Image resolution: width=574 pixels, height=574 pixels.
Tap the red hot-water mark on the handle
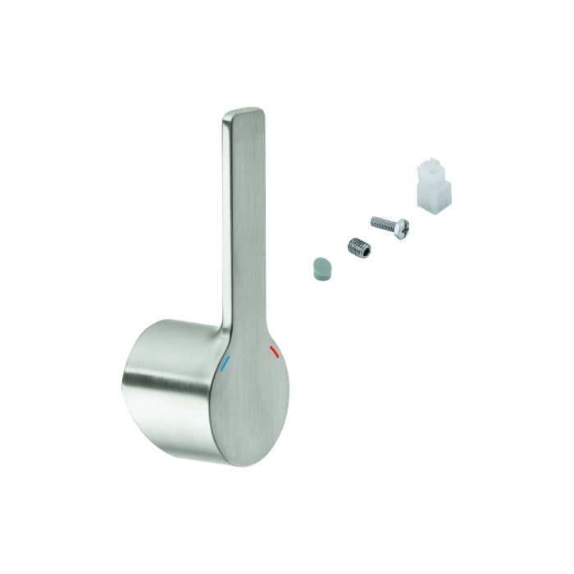pyautogui.click(x=273, y=353)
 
